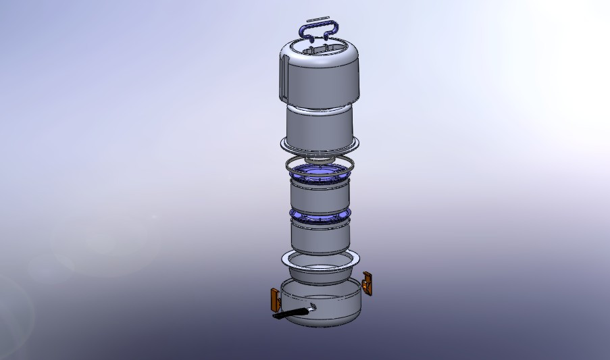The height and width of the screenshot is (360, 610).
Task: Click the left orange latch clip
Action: tap(274, 297)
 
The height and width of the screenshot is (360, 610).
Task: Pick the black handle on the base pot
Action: tap(287, 314)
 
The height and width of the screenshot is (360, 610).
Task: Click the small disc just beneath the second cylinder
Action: tap(318, 158)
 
